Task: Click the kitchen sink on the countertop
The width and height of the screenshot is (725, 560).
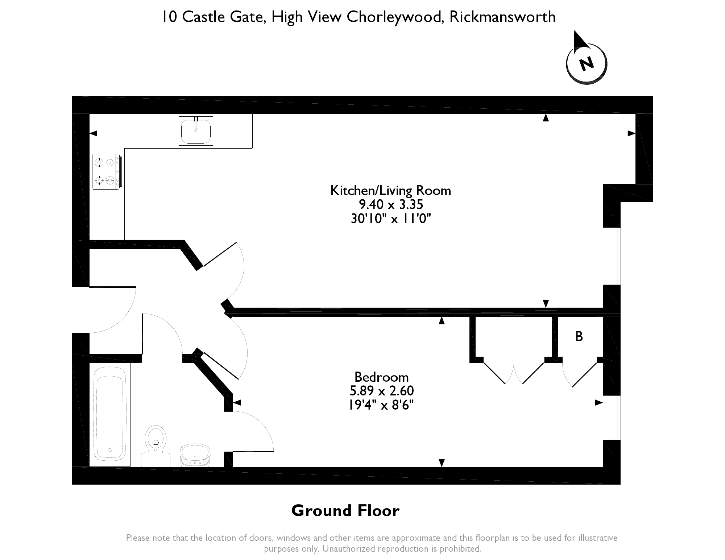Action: tap(196, 131)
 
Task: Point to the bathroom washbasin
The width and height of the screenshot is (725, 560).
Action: tap(195, 455)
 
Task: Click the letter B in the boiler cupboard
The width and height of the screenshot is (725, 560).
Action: tap(579, 337)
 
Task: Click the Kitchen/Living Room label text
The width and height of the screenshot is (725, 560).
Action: tap(390, 191)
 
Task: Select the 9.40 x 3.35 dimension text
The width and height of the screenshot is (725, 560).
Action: tap(391, 205)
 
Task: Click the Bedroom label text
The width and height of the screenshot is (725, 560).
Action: tap(381, 377)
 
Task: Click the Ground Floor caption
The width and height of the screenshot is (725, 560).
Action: tap(345, 511)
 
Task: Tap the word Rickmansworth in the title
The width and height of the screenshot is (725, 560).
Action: tap(502, 17)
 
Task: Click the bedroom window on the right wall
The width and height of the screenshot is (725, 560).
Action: tap(612, 418)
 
